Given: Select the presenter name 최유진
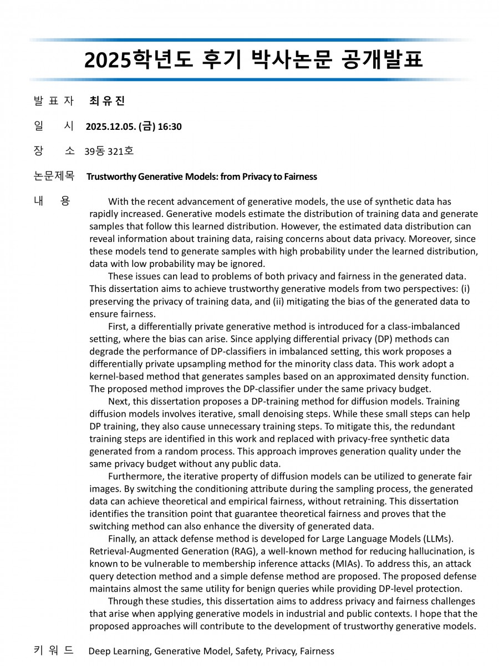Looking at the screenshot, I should pos(107,101).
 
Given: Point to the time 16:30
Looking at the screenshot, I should pos(170,127).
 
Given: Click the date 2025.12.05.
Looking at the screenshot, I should pos(110,127).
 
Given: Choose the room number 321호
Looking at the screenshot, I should pos(121,151).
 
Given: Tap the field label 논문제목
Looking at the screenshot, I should pos(53,176).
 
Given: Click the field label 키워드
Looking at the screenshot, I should pos(53,650).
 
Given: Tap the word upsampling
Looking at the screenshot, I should pos(222,364).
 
